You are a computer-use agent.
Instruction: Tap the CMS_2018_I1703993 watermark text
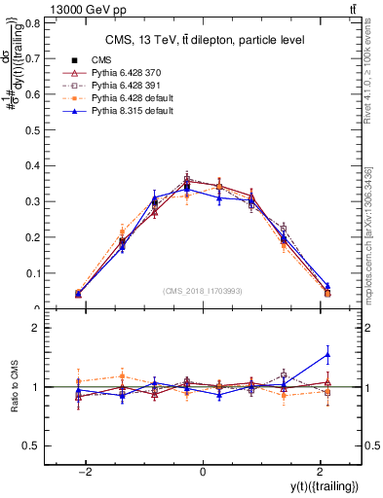click(203, 290)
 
